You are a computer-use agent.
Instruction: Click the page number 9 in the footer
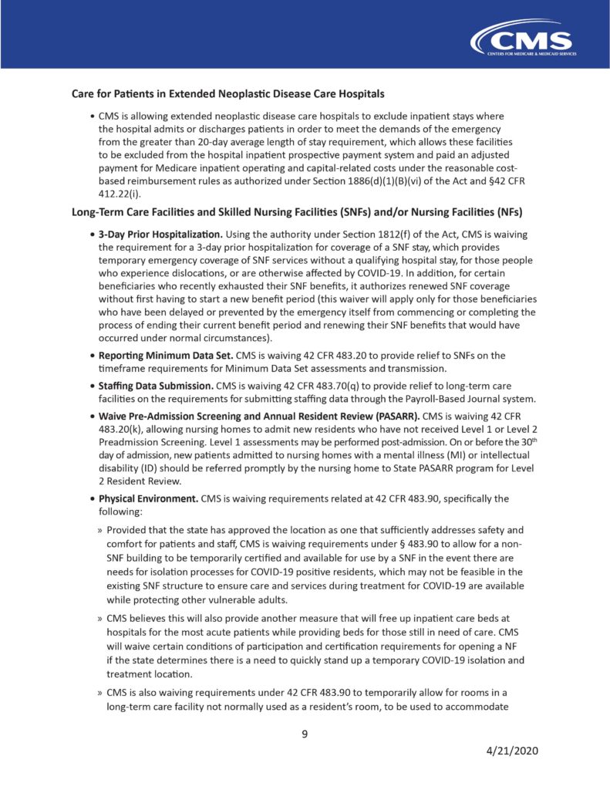(x=305, y=734)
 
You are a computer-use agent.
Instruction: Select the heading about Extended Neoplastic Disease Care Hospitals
(x=227, y=94)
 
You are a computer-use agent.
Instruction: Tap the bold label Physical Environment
(x=148, y=498)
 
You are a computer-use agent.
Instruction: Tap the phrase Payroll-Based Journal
(x=413, y=398)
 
